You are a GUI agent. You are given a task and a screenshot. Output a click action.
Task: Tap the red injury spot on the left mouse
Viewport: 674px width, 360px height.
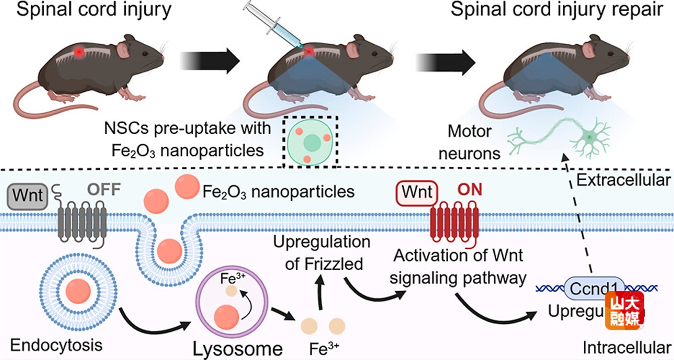(x=79, y=52)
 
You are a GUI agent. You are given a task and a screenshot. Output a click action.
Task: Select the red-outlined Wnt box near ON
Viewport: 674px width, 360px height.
(x=417, y=193)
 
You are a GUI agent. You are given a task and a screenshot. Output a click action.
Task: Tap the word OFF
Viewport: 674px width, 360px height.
(x=104, y=189)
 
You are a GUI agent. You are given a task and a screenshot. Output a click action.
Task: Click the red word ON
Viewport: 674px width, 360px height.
(x=470, y=190)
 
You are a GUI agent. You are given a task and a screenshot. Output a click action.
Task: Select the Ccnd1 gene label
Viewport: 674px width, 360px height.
(x=594, y=289)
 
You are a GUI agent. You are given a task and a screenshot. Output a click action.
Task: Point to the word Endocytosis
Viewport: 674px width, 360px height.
(x=56, y=345)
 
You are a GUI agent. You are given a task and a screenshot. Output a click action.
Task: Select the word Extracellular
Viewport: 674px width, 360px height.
(x=623, y=180)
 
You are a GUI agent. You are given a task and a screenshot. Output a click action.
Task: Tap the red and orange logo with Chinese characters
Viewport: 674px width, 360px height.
(x=625, y=310)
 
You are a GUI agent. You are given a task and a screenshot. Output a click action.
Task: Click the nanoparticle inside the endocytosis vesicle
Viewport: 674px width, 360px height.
(x=78, y=291)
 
